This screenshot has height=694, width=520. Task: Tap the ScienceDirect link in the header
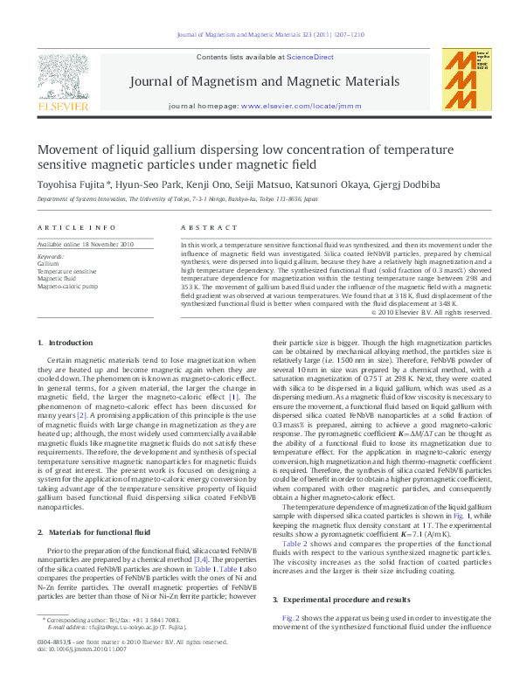[x=311, y=57]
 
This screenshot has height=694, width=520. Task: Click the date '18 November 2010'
[x=109, y=245]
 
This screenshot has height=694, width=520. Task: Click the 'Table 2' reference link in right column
[x=295, y=543]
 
